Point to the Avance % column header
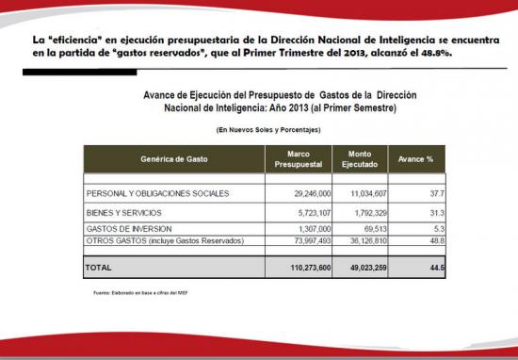pos(416,159)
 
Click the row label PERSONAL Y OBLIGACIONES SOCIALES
pos(157,193)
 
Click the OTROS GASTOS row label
pos(165,241)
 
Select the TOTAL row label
pos(99,269)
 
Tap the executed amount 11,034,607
pos(362,193)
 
